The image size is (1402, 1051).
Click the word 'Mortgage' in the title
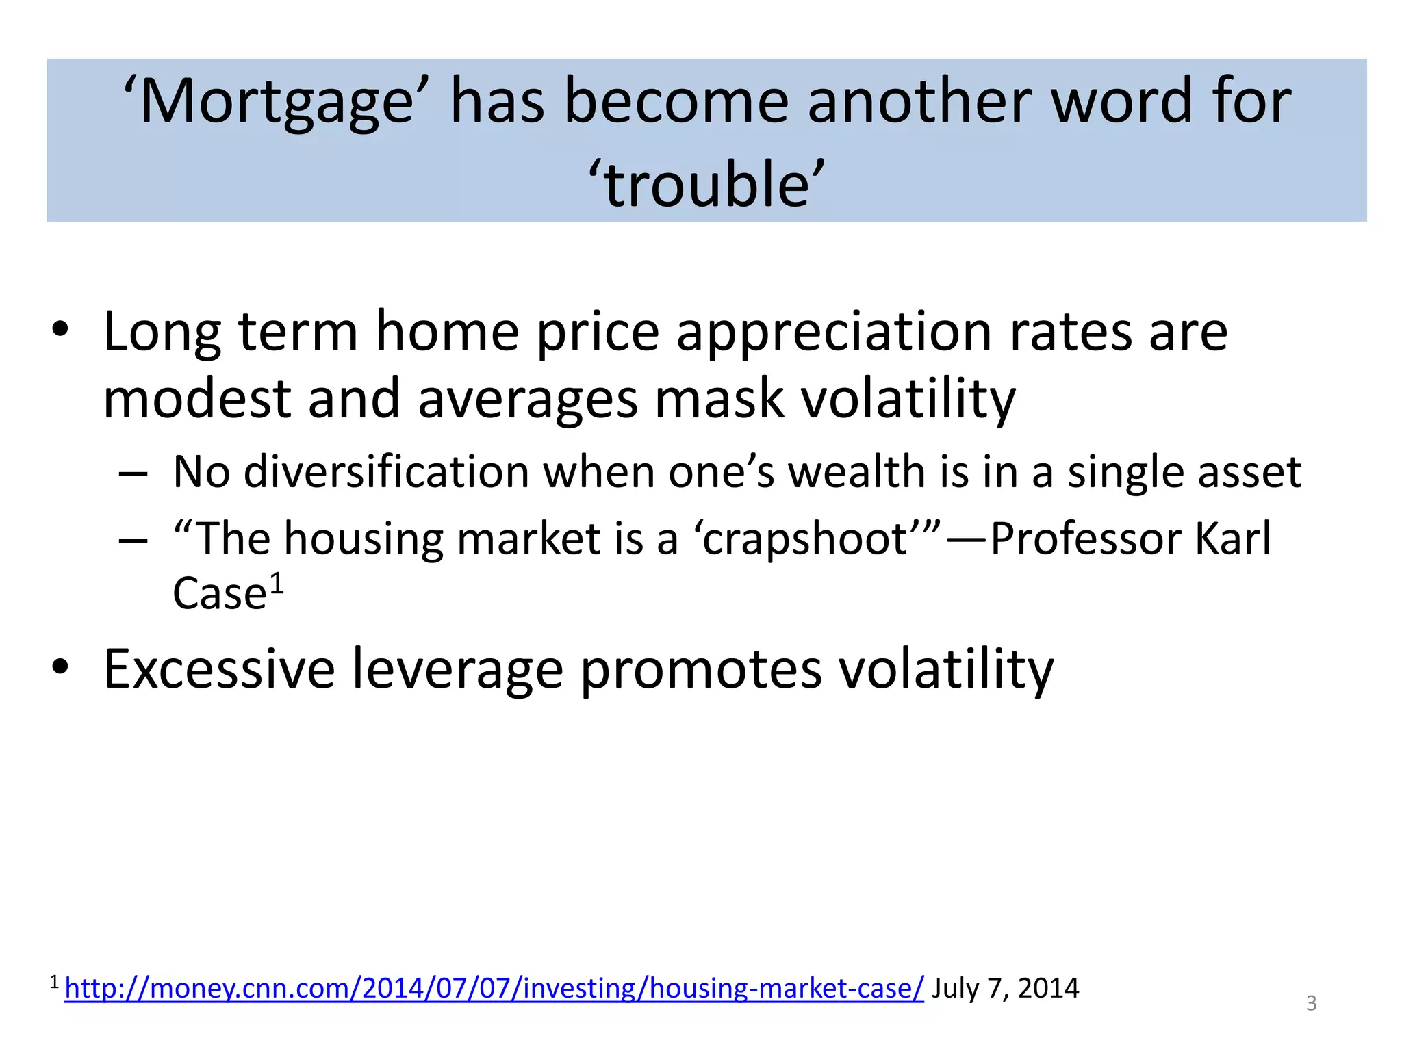[x=277, y=103]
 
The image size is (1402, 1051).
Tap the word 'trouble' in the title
[x=706, y=185]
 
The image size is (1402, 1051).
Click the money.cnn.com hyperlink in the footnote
[x=494, y=988]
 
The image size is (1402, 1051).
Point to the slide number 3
[x=1311, y=1003]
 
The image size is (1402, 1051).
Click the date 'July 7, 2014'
[x=1005, y=988]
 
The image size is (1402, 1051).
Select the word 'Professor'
[x=1084, y=539]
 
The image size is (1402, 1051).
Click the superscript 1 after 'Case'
[x=276, y=584]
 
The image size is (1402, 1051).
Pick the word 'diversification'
[x=386, y=472]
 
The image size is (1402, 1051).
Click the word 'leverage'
[x=457, y=671]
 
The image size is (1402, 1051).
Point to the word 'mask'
[x=718, y=400]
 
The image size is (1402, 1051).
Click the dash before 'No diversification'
[x=133, y=473]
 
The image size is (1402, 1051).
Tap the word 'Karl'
[x=1232, y=539]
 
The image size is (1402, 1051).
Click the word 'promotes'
[x=701, y=671]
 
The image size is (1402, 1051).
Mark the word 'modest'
[x=196, y=400]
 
